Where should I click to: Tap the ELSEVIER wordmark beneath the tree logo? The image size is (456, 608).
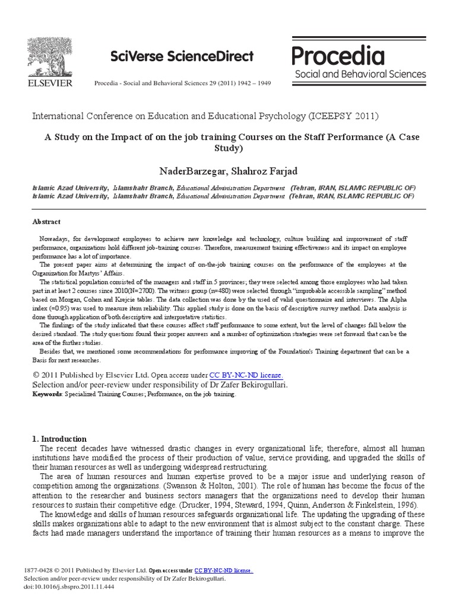pos(50,83)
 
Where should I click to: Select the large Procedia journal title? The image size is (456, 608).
pos(338,56)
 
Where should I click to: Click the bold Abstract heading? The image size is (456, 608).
pos(46,221)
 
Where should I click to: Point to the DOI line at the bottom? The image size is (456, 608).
pos(68,587)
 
